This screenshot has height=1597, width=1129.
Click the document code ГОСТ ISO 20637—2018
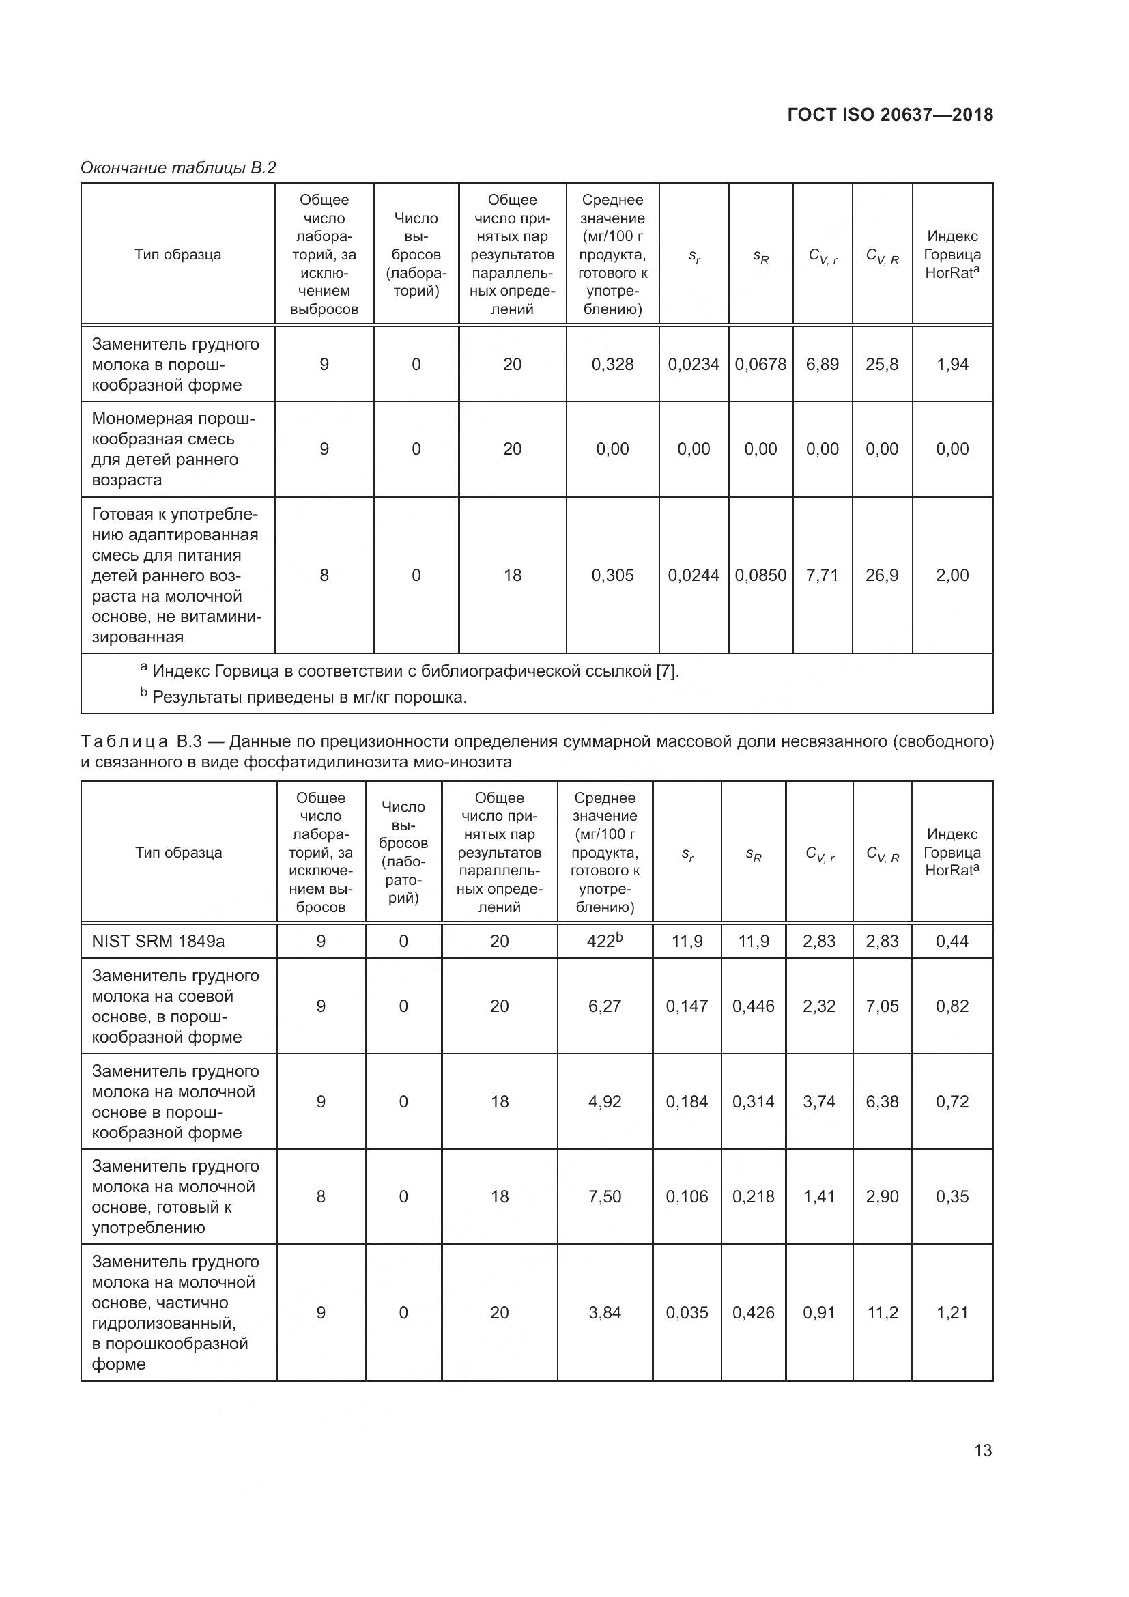click(890, 115)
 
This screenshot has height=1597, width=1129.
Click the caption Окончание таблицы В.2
click(178, 168)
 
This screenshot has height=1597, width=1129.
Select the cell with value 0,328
click(612, 365)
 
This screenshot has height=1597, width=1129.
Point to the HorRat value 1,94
click(952, 365)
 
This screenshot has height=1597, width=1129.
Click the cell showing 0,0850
click(760, 575)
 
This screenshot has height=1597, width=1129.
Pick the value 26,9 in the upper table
click(881, 575)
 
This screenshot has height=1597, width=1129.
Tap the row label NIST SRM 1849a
click(158, 941)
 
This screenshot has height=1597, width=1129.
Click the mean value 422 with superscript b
click(605, 941)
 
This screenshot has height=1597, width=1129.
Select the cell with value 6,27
click(605, 1006)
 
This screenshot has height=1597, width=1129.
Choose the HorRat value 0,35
click(952, 1196)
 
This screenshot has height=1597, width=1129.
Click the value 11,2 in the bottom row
click(882, 1312)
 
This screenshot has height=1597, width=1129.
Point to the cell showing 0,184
click(687, 1102)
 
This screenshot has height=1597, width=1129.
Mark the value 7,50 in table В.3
click(605, 1196)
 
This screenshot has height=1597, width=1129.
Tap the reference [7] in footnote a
click(666, 671)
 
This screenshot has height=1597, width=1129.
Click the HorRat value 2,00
click(952, 575)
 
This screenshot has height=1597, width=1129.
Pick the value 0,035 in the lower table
click(687, 1312)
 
